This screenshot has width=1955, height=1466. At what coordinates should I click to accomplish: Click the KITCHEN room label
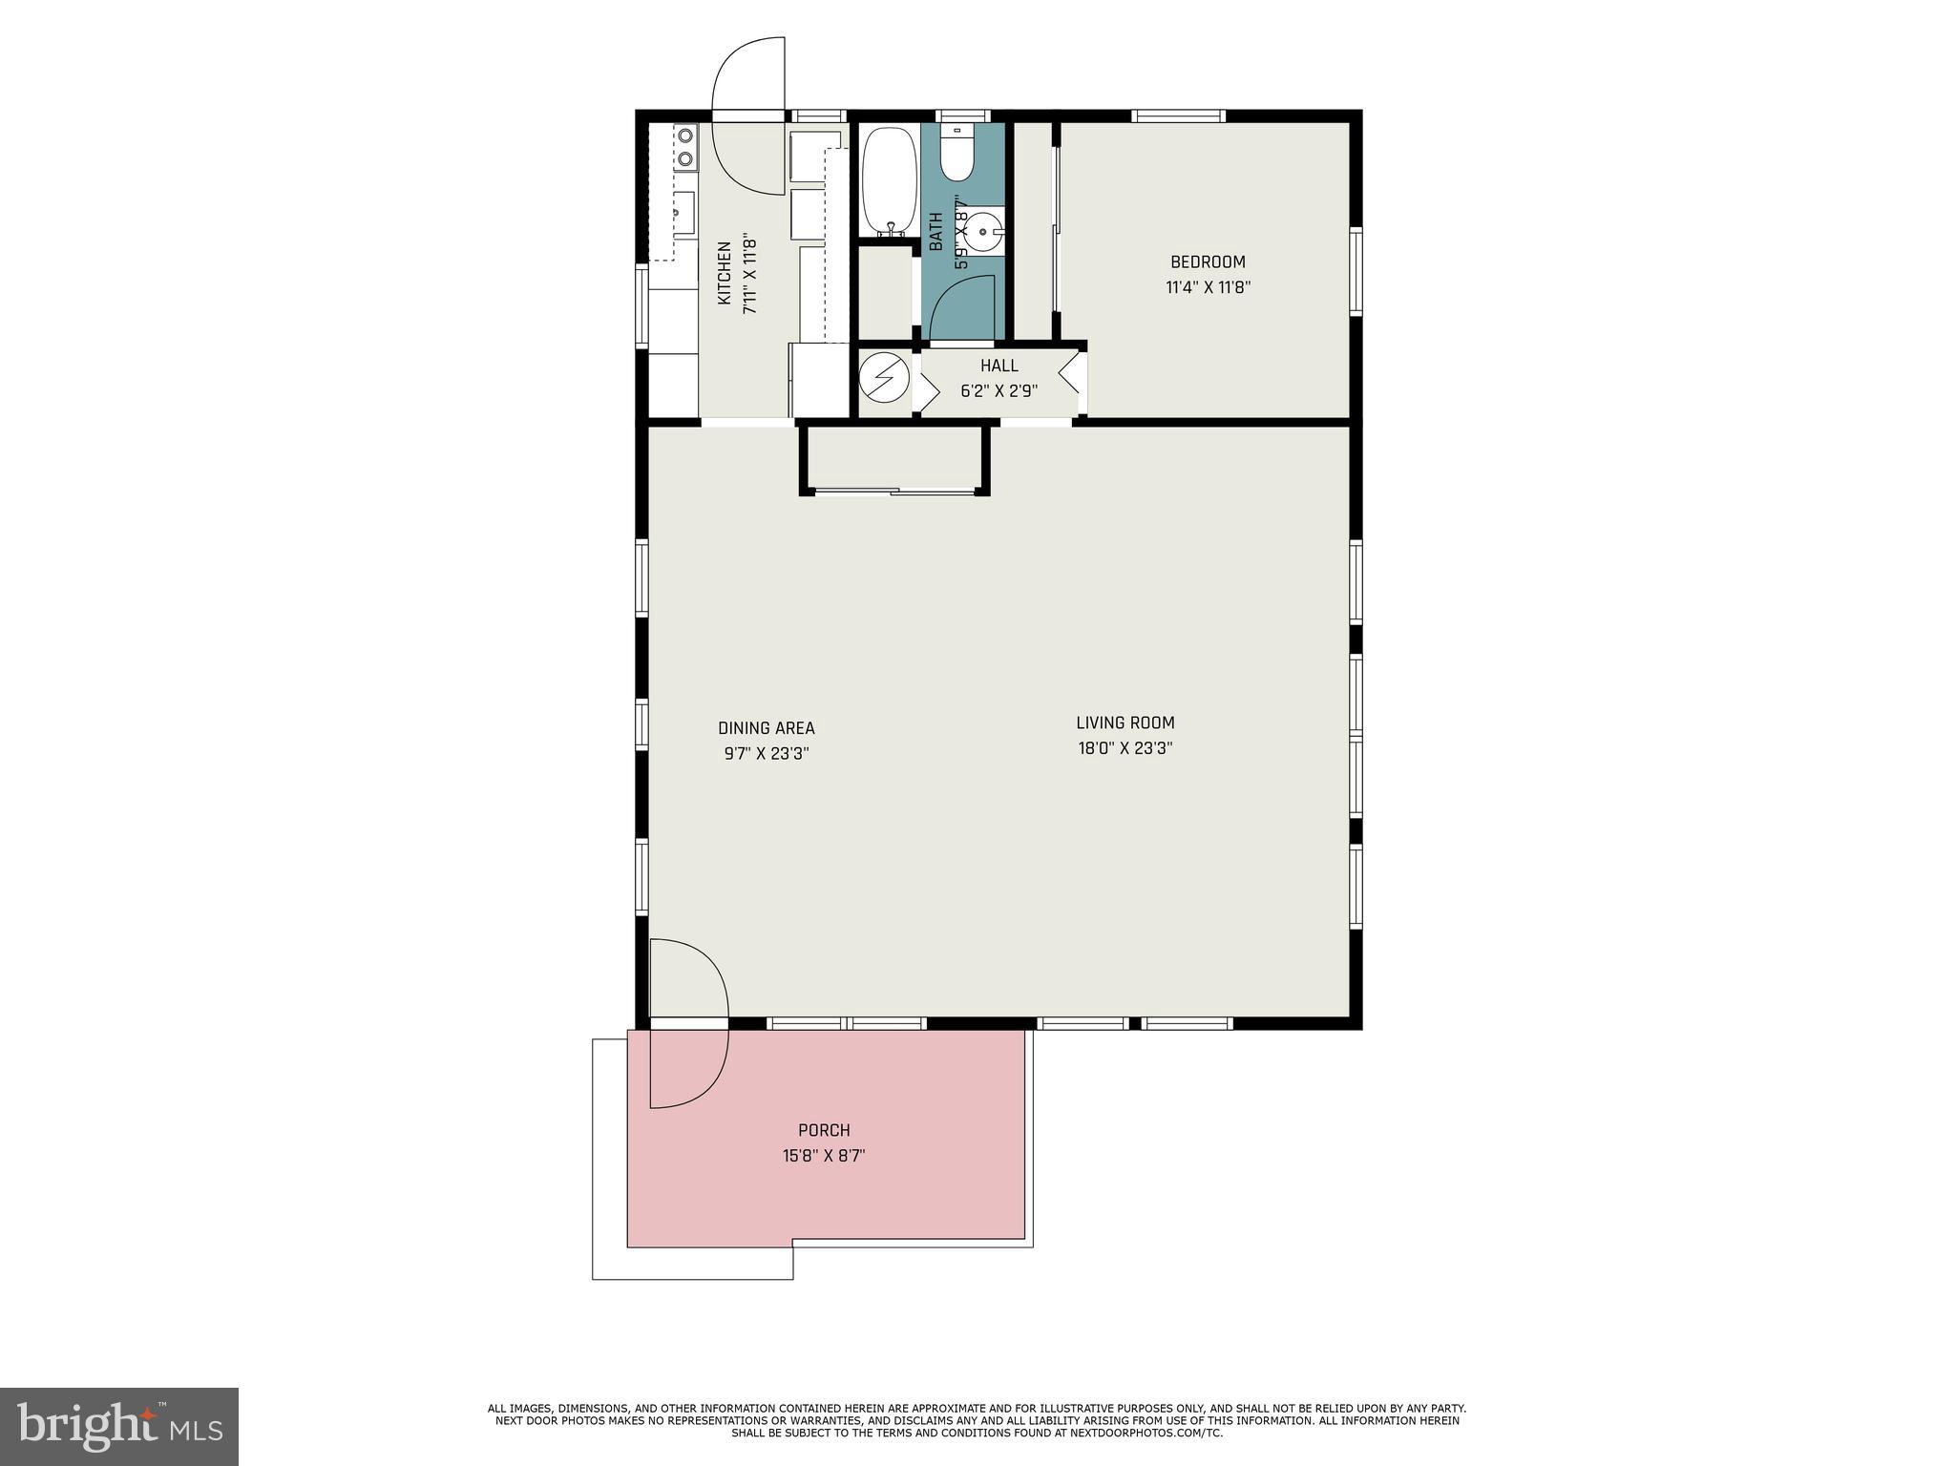coord(724,274)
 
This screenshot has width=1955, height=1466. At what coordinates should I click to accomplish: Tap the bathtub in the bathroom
coord(889,181)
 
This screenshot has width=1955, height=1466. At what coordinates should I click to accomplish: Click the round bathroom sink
coord(983,231)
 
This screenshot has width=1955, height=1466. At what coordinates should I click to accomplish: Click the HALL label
coord(999,366)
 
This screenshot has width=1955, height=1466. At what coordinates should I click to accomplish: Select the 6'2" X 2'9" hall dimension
coord(999,390)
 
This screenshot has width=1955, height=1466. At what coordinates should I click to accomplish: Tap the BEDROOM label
coord(1208,262)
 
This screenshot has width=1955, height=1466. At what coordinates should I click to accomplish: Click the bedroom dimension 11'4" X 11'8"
coord(1208,287)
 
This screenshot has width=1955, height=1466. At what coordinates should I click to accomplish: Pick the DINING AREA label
coord(766,728)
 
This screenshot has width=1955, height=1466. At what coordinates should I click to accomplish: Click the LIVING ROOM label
coord(1125,723)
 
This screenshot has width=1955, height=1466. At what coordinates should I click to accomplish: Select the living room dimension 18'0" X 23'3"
coord(1125,748)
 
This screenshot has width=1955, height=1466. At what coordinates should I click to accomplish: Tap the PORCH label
coord(824,1130)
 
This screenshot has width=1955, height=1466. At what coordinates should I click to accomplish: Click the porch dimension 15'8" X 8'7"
coord(824,1156)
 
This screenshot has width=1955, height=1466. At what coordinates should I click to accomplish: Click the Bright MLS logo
coord(119,1426)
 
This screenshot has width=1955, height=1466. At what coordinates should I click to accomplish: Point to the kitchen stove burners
coord(684,148)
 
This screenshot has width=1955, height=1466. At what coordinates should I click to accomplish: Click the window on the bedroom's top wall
coord(1178,116)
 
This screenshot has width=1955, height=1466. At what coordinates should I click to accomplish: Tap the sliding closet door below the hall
coord(895,491)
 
